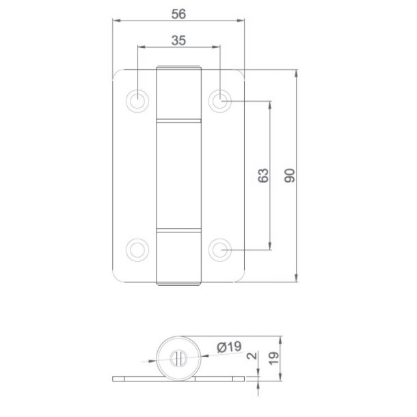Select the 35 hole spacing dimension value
coord(178,40)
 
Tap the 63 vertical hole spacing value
coord(264,175)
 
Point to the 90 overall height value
coord(289,175)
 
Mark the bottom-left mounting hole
coord(138,249)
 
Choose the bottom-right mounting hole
coord(219,249)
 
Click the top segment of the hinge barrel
coord(178,93)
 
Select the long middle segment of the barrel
coord(178,174)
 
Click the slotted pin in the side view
coord(178,356)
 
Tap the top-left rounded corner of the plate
coord(118,74)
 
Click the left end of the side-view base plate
coord(114,377)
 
